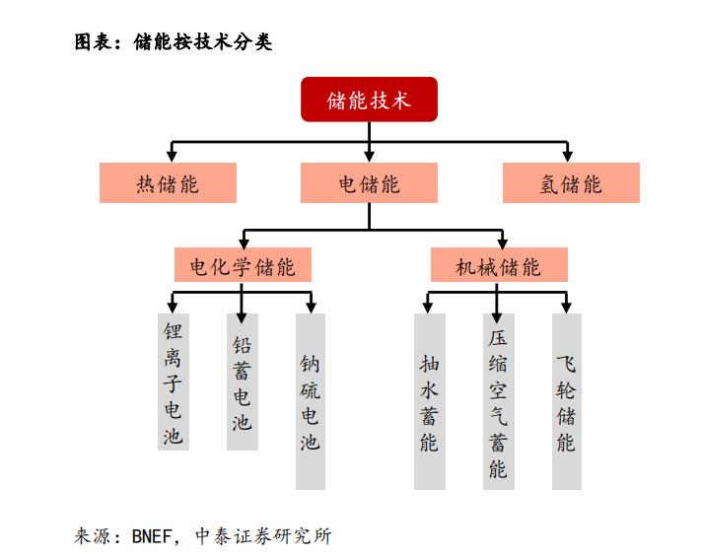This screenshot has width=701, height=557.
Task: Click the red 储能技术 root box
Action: point(369,100)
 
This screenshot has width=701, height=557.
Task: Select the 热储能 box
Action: point(168,182)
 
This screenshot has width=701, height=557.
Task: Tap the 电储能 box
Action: point(369,182)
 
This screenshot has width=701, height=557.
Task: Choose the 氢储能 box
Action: point(571,182)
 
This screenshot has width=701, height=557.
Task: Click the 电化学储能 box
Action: point(243,264)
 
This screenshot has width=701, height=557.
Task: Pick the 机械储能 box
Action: point(499,264)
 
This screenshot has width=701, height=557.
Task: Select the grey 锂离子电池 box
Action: point(174,382)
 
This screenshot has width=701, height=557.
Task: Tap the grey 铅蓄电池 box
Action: point(243,382)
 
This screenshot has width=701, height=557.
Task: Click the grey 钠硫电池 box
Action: point(311,401)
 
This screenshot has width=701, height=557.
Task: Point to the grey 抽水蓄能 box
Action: point(430,401)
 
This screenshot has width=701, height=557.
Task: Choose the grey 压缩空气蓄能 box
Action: point(499,401)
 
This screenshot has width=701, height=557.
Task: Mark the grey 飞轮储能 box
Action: point(567,401)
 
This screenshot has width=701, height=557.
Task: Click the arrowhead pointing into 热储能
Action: point(172,156)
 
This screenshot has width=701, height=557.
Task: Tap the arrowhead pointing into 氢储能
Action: point(567,156)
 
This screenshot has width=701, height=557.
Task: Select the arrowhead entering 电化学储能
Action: point(244,243)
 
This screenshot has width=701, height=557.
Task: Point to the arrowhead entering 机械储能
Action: point(502,243)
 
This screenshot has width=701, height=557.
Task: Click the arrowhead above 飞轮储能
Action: point(567,308)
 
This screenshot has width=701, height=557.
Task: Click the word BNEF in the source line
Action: point(152,535)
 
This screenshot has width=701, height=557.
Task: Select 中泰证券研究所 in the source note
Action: point(263,535)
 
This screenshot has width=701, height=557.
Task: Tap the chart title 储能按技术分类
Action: point(202,42)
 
